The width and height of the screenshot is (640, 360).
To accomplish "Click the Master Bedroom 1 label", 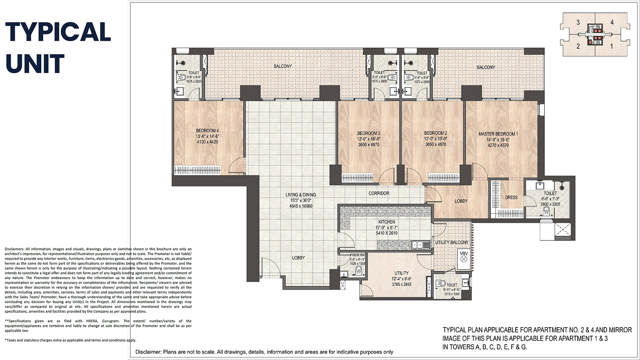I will [x=498, y=134].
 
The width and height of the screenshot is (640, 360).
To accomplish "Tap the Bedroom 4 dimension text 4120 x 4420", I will [x=207, y=142].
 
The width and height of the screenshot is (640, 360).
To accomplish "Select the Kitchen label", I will [x=386, y=222].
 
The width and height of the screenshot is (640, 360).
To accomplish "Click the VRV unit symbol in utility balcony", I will [x=464, y=259].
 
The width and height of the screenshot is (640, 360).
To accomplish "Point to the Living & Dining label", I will [x=301, y=195].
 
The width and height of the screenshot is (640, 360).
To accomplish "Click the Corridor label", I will [x=379, y=194].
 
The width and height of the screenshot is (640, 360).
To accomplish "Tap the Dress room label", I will [x=511, y=198].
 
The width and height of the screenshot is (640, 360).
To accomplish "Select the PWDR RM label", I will [x=357, y=255].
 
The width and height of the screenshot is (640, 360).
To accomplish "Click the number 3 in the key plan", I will [x=578, y=23].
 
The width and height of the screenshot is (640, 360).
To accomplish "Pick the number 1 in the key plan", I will [x=612, y=46].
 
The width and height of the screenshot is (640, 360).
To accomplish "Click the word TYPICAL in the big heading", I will [x=58, y=32].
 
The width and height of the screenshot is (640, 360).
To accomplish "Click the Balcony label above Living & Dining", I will [x=283, y=66].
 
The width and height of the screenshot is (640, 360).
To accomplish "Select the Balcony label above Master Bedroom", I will [x=486, y=68].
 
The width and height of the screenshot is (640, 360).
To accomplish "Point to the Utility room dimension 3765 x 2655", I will [x=402, y=285].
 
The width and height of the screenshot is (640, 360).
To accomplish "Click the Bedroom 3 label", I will [x=368, y=133].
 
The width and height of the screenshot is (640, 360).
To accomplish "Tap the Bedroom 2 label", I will [x=436, y=133].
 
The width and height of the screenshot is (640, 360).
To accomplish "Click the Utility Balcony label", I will [x=452, y=242].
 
